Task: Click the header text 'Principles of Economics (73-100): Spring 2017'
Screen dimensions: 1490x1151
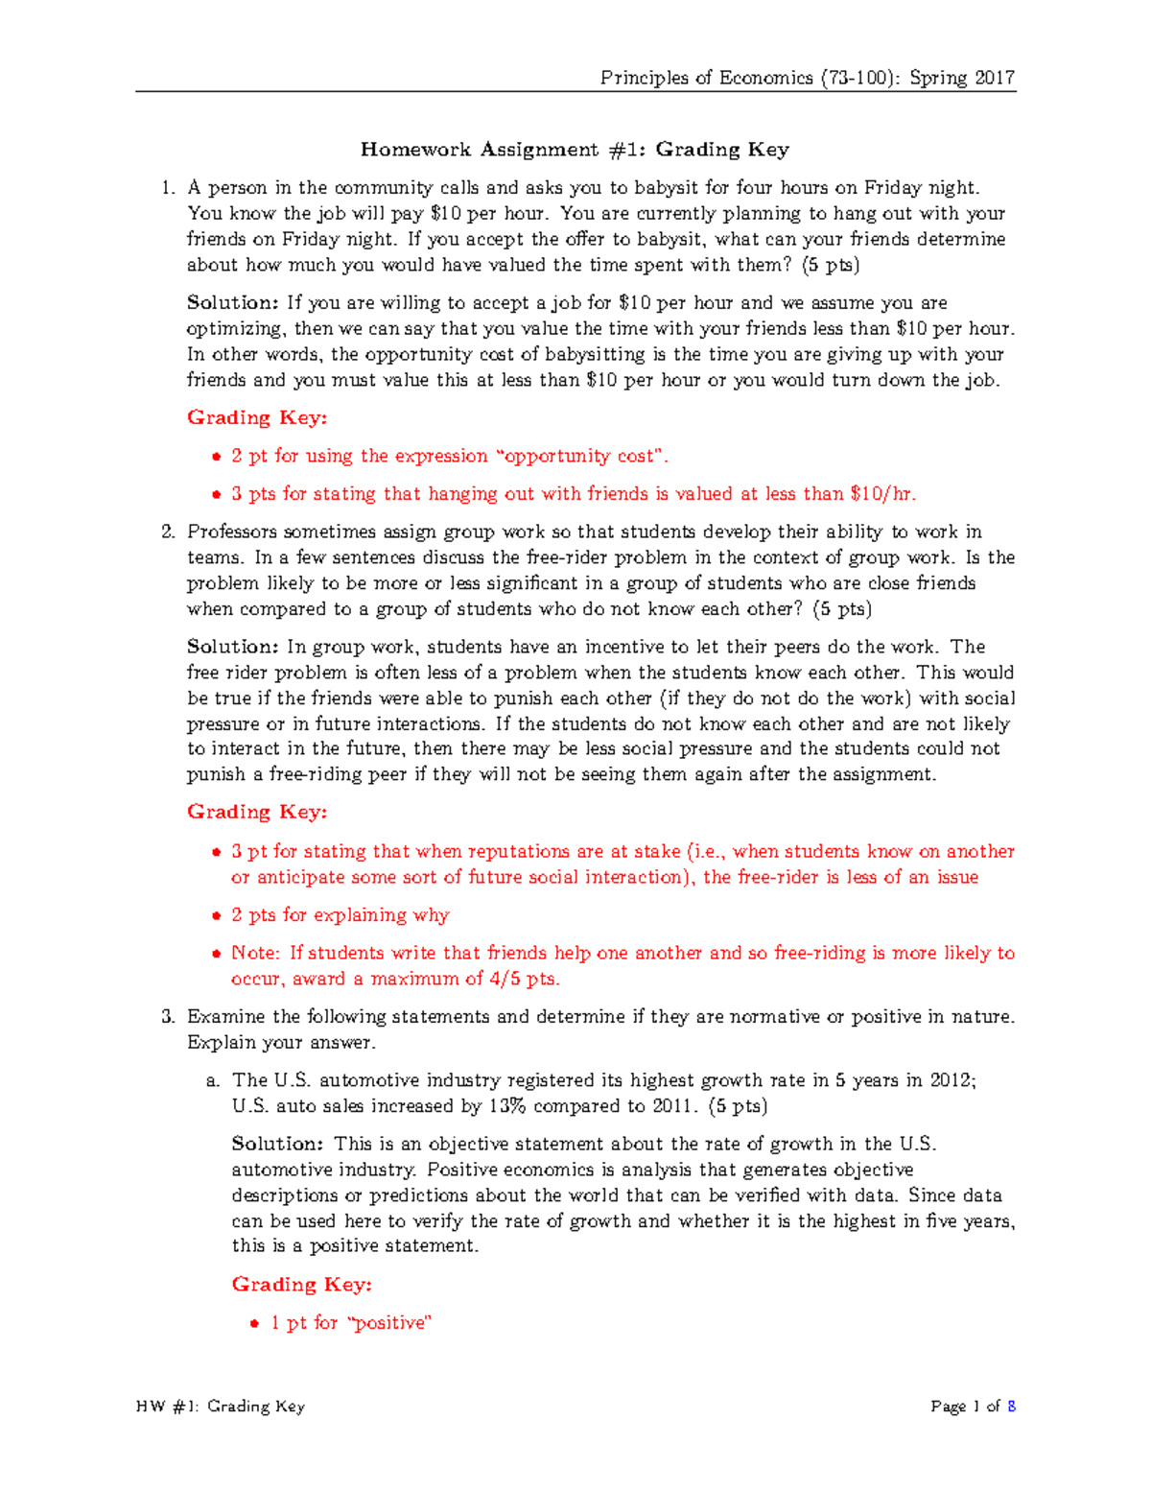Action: (807, 78)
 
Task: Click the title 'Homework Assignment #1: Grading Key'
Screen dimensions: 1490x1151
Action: (575, 150)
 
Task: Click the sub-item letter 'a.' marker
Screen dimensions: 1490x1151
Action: (213, 1081)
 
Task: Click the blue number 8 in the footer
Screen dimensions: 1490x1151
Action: (1011, 1407)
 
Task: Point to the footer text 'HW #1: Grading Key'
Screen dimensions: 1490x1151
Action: (221, 1407)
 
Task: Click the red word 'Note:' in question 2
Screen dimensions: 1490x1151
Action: (255, 954)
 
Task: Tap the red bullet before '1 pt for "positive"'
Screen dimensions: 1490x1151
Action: (254, 1324)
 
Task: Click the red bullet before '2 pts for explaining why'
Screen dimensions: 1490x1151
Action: (216, 916)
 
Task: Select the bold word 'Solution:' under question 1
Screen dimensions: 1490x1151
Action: (233, 303)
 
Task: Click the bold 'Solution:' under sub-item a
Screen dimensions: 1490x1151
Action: (278, 1144)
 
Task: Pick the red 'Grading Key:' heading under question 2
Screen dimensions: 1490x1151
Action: (257, 813)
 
